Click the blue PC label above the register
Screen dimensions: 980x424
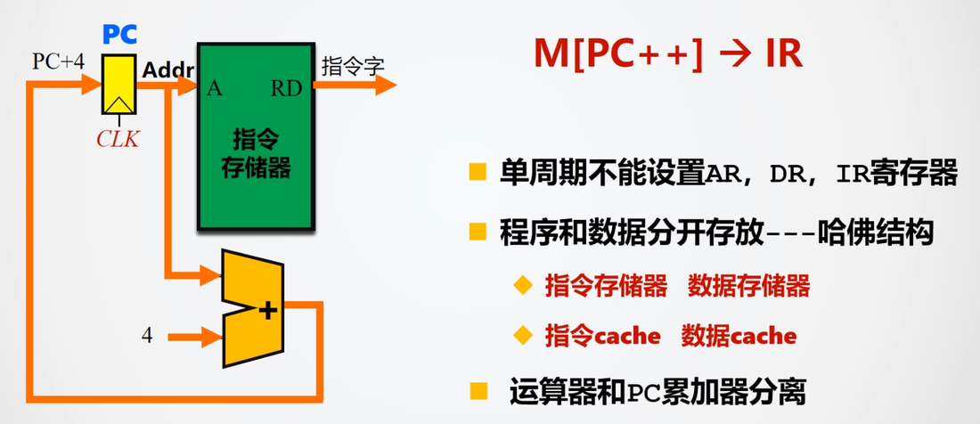point(119,35)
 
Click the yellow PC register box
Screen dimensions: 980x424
point(118,85)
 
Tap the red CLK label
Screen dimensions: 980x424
point(118,139)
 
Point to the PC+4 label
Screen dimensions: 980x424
point(58,62)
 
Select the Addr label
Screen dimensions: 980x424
point(168,70)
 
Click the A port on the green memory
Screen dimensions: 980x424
point(215,89)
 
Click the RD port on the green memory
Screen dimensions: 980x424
point(286,89)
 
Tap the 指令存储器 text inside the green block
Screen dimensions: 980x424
point(257,153)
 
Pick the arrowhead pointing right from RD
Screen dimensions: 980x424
point(385,86)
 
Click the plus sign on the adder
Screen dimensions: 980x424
point(267,310)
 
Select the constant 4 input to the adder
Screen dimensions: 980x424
point(147,336)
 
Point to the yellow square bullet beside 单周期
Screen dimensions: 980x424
point(478,173)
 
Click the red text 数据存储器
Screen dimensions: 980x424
point(748,286)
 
